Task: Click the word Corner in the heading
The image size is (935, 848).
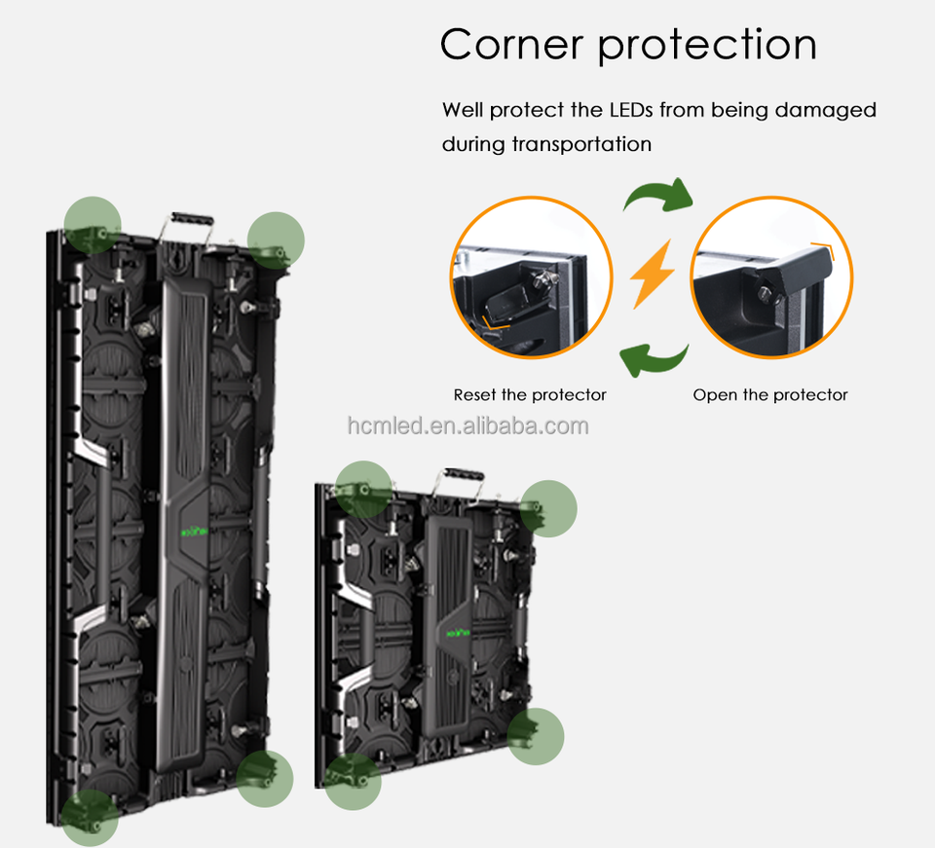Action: tap(510, 45)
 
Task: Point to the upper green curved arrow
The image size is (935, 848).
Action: tap(657, 196)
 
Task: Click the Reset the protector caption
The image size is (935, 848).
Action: tap(530, 395)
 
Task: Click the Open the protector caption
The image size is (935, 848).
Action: tap(770, 395)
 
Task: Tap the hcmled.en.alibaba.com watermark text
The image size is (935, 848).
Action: tap(467, 425)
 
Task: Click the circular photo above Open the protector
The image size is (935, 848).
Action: tap(771, 277)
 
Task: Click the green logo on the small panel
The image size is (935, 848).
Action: tap(458, 632)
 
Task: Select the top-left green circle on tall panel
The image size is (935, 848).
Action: tap(93, 224)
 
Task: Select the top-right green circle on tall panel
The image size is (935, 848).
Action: tap(276, 240)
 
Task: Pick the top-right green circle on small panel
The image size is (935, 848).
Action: tap(548, 508)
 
